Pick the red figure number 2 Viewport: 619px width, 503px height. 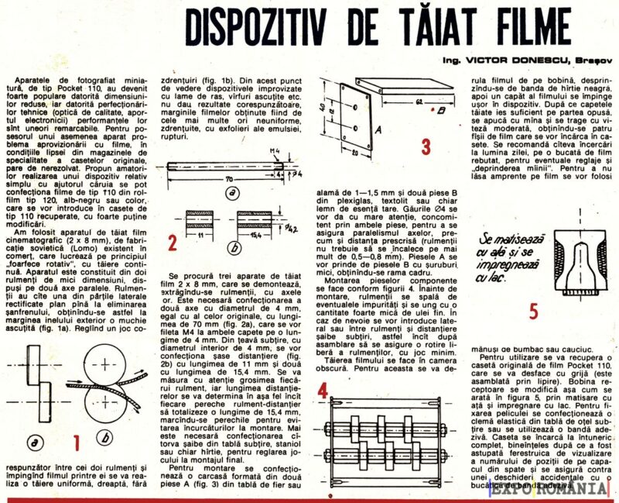(x=173, y=243)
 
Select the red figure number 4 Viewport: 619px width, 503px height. (x=322, y=391)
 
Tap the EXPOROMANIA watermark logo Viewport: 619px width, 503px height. (x=573, y=490)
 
